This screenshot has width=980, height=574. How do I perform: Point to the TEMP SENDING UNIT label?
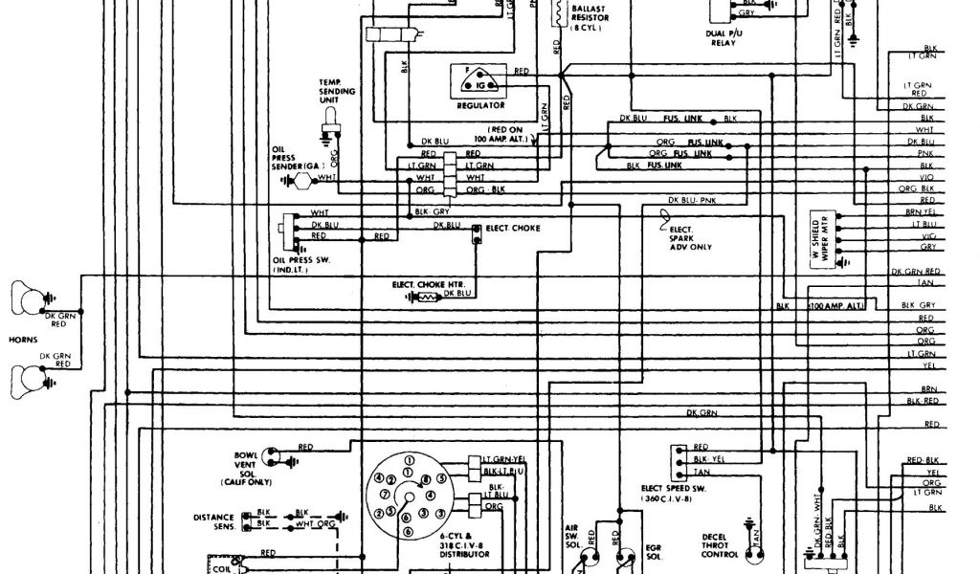337,92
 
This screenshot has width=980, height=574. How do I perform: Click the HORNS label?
22,339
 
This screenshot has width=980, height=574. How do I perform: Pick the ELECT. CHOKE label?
513,229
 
